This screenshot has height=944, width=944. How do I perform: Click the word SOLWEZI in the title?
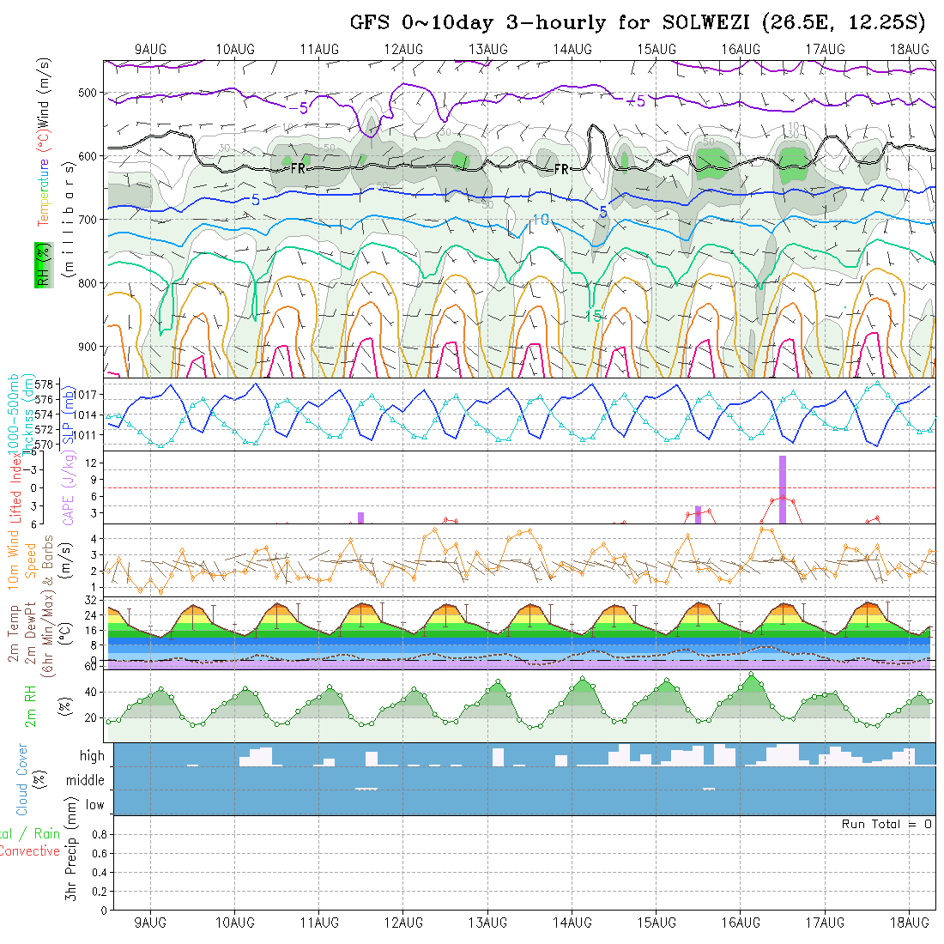(x=709, y=23)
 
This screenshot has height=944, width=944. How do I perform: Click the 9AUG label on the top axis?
(x=151, y=49)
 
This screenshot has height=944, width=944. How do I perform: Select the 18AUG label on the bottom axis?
(x=909, y=923)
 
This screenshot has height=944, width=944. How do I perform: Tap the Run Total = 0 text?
(x=887, y=824)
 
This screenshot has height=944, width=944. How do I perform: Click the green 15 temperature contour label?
(x=593, y=316)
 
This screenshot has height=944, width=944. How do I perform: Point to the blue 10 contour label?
(x=540, y=221)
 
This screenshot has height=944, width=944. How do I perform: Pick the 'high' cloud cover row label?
(x=92, y=756)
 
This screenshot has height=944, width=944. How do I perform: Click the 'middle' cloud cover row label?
(x=86, y=781)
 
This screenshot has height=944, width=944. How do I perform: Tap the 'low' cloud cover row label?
(x=94, y=805)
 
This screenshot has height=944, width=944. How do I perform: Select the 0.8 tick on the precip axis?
(x=98, y=834)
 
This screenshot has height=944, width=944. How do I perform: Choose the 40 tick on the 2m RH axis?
(x=87, y=692)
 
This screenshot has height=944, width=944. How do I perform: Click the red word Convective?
(x=29, y=851)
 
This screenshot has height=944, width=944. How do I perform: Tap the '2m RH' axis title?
(x=31, y=705)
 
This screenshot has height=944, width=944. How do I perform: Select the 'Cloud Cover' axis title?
(x=22, y=779)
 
